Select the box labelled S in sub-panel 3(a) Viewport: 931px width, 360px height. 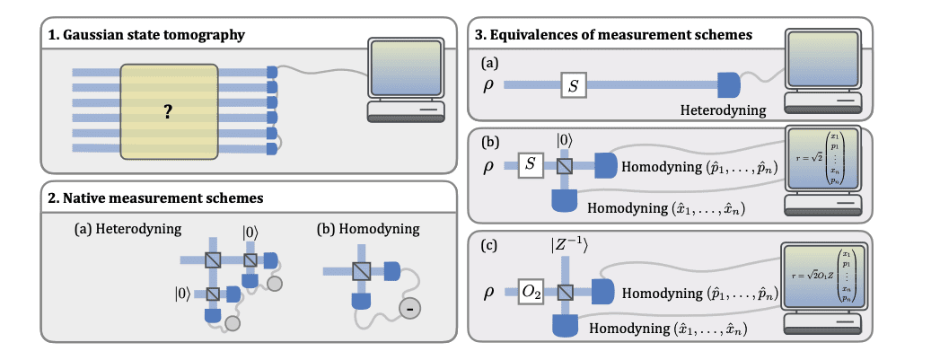point(574,85)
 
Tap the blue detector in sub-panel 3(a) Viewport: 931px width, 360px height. point(728,85)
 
